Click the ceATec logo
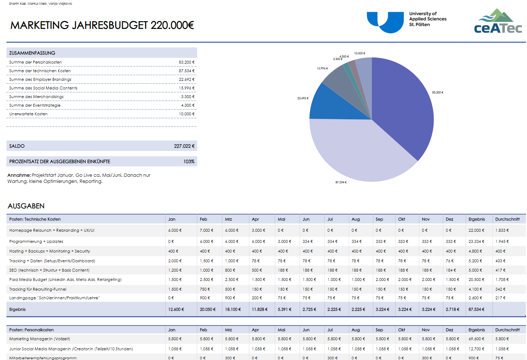tap(498, 22)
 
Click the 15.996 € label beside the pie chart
tap(322, 68)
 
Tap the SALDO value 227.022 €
tap(184, 146)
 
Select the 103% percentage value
tap(189, 162)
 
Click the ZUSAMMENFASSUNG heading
tap(32, 53)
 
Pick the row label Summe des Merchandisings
tap(36, 97)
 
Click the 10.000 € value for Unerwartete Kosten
tap(186, 114)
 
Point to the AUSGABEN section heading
tap(26, 206)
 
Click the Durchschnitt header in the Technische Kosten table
tap(507, 219)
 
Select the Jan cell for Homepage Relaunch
tap(175, 230)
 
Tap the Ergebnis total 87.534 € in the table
tap(476, 309)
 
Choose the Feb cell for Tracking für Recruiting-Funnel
tap(205, 289)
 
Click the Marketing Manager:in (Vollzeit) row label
tap(40, 339)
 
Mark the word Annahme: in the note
tap(19, 175)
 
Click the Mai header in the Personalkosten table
tap(281, 330)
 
